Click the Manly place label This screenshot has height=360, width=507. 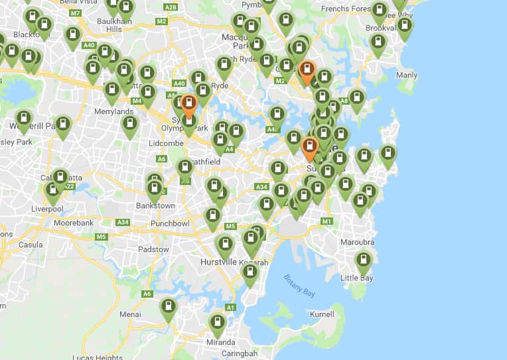(407, 76)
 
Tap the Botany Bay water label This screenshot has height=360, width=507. (299, 285)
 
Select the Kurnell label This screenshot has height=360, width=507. (322, 314)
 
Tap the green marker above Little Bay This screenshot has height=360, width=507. (363, 261)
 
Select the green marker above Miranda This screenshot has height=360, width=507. (217, 323)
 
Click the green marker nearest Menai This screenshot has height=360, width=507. (169, 307)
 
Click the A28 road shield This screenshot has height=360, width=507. (171, 7)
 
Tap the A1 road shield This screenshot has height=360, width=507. (231, 308)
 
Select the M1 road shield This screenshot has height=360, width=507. (326, 221)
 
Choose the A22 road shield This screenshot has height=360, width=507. (70, 187)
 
